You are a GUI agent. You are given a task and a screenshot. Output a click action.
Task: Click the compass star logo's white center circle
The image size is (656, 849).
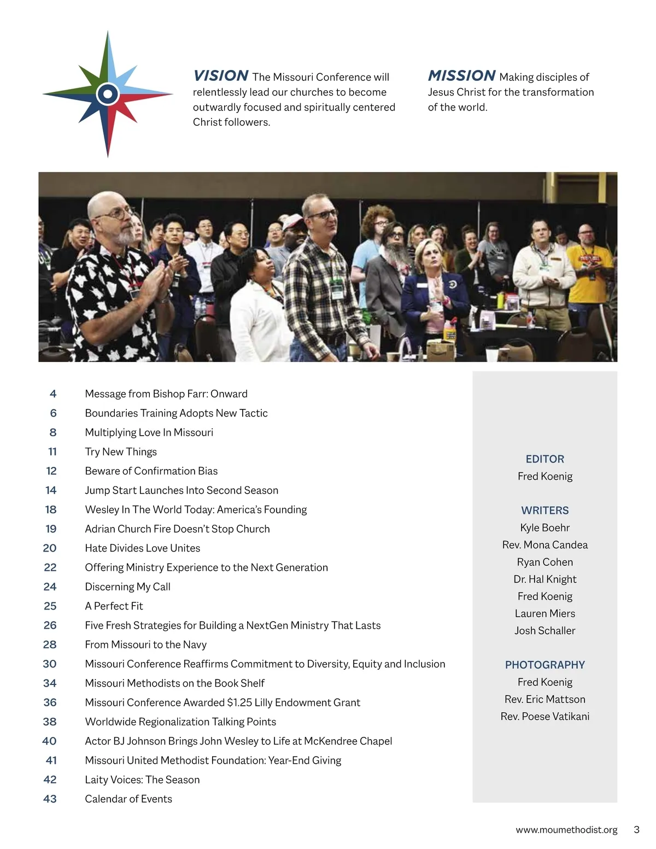pyautogui.click(x=108, y=95)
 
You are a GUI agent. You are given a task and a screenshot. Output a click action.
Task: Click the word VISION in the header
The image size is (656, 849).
pyautogui.click(x=221, y=75)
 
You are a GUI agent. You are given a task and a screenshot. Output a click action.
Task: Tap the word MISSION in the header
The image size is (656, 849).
pyautogui.click(x=461, y=75)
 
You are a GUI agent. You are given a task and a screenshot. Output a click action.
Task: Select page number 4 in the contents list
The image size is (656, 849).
pyautogui.click(x=53, y=394)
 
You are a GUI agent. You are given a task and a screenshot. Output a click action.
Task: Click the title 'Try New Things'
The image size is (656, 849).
pyautogui.click(x=121, y=452)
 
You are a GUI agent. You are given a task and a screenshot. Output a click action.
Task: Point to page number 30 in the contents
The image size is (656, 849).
pyautogui.click(x=50, y=664)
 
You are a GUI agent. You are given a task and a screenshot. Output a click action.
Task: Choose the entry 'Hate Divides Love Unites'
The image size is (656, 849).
pyautogui.click(x=143, y=548)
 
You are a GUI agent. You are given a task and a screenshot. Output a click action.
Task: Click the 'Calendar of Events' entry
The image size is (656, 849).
pyautogui.click(x=128, y=799)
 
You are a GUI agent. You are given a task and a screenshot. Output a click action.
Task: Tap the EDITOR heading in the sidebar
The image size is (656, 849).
pyautogui.click(x=544, y=459)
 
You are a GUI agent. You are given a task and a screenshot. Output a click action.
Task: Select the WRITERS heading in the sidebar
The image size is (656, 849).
pyautogui.click(x=544, y=511)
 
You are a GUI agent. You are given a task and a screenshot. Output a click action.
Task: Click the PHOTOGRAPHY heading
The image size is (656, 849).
pyautogui.click(x=544, y=665)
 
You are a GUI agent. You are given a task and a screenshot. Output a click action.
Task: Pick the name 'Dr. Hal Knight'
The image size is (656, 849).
pyautogui.click(x=544, y=579)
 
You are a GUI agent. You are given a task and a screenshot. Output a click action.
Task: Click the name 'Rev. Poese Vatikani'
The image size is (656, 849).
pyautogui.click(x=544, y=716)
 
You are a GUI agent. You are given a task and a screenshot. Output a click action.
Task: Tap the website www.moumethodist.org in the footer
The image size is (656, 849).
pyautogui.click(x=566, y=830)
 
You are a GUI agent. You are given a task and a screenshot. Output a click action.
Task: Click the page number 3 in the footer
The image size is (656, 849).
pyautogui.click(x=636, y=829)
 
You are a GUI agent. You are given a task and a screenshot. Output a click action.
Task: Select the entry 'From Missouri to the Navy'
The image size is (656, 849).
pyautogui.click(x=146, y=645)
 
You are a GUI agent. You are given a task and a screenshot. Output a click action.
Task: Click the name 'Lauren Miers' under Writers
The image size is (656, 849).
pyautogui.click(x=544, y=613)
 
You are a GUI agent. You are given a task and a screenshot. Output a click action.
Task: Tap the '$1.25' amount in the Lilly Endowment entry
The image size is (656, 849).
pyautogui.click(x=239, y=702)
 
